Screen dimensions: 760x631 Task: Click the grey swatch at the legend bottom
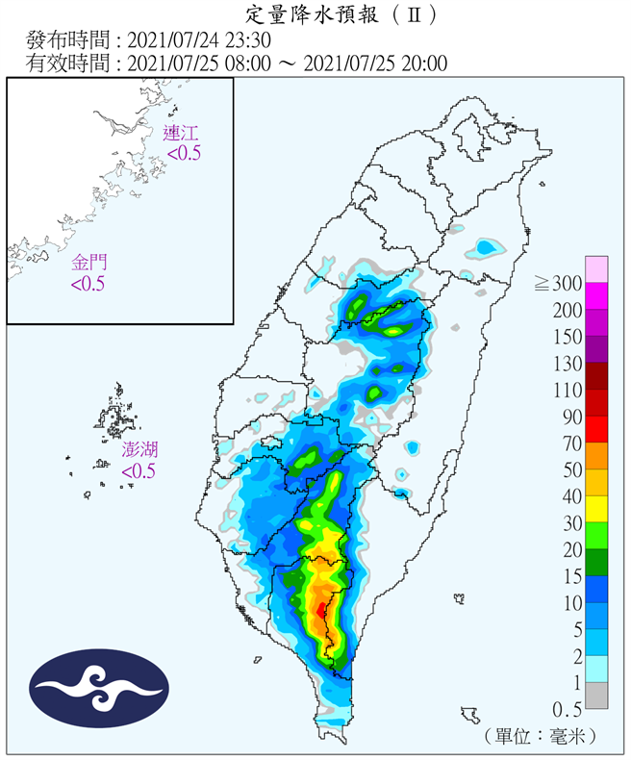597,695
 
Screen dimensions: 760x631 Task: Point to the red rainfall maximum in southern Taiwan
320,610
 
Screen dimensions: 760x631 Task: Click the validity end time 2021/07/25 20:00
375,63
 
